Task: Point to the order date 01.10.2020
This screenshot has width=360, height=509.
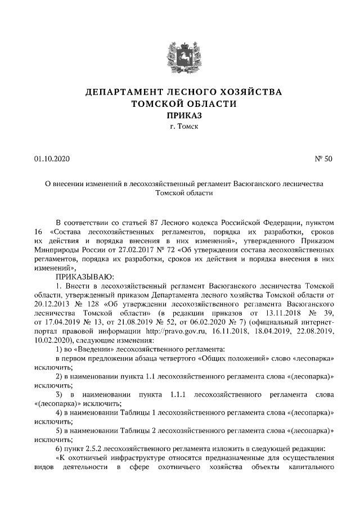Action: point(51,159)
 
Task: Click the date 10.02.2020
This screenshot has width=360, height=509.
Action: point(52,340)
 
